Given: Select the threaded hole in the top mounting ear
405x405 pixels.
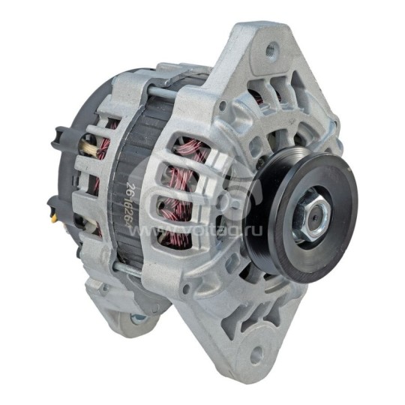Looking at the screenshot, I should tap(271, 51).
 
